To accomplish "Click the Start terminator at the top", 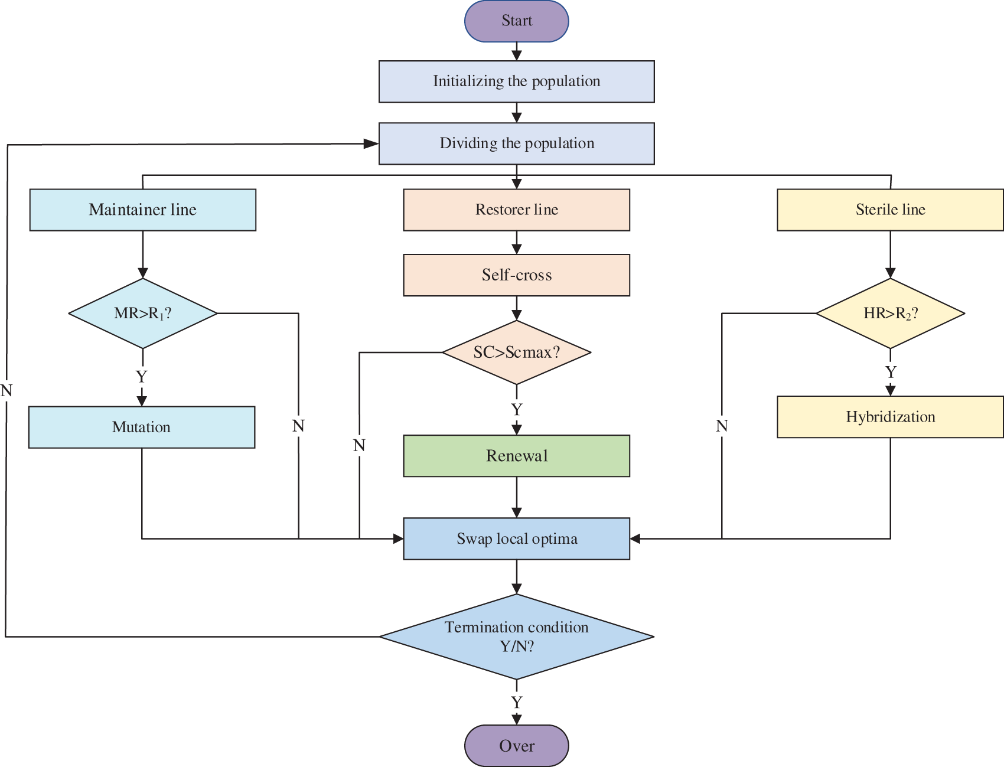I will [x=516, y=21].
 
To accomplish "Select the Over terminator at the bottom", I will [x=516, y=746].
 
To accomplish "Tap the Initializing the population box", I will [x=516, y=81].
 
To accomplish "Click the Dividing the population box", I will [x=516, y=143].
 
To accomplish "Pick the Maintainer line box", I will [x=142, y=210].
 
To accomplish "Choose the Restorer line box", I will [x=516, y=210].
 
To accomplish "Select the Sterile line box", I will [x=889, y=210].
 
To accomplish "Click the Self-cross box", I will [x=516, y=275].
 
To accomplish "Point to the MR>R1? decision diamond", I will [x=142, y=314].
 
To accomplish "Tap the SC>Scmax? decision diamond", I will [x=516, y=353].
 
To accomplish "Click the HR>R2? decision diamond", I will [x=889, y=314].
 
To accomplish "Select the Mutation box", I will [x=142, y=427].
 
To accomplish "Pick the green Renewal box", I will [x=516, y=456].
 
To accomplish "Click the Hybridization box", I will [x=889, y=417].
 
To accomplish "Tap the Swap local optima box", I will [x=516, y=538].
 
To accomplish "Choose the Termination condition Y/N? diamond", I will [x=516, y=637].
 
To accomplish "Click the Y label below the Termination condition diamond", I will [x=517, y=702].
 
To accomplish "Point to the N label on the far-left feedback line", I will [x=6, y=390].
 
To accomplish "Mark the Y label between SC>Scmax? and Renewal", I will [x=517, y=409].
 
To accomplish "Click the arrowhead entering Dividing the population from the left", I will [x=371, y=143].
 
